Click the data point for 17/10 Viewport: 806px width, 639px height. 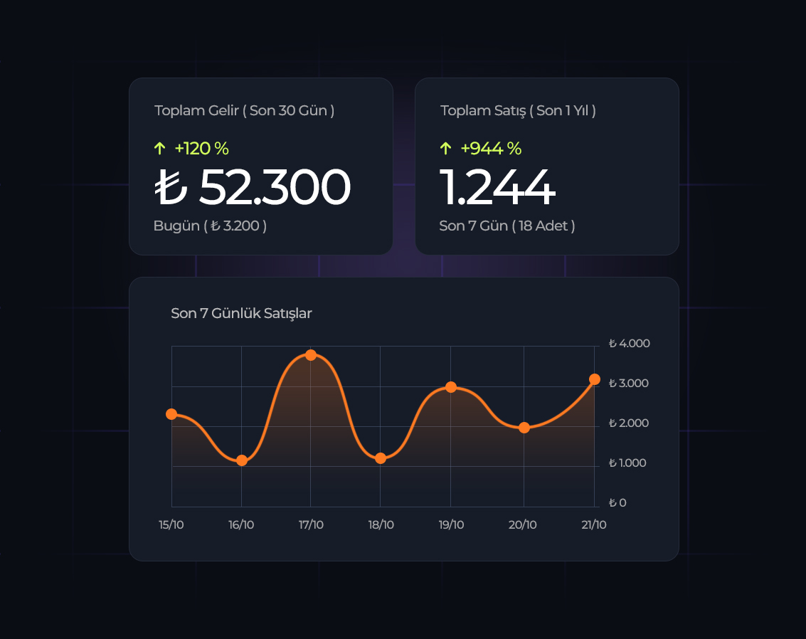[311, 354]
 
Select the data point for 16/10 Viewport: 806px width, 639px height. [242, 460]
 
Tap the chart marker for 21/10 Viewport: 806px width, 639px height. [595, 379]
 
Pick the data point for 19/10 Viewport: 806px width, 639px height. [451, 387]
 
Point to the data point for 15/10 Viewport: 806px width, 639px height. [171, 414]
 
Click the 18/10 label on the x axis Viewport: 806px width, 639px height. [381, 525]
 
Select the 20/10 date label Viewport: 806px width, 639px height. [523, 525]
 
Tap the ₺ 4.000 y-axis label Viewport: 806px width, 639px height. [629, 344]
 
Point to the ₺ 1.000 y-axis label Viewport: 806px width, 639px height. [627, 463]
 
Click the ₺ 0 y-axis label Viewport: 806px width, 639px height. [617, 503]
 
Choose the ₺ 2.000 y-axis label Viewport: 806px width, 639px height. [629, 423]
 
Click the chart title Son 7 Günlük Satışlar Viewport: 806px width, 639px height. [241, 313]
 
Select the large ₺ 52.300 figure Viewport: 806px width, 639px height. [253, 187]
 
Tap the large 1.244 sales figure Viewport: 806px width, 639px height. [497, 187]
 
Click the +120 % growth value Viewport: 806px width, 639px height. [201, 149]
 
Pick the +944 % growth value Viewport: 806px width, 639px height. [491, 149]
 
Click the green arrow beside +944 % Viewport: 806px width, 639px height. [445, 149]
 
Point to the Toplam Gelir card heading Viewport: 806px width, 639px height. [244, 111]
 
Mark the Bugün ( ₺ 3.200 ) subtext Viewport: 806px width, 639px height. [210, 226]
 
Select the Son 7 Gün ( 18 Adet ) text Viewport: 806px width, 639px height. [507, 226]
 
